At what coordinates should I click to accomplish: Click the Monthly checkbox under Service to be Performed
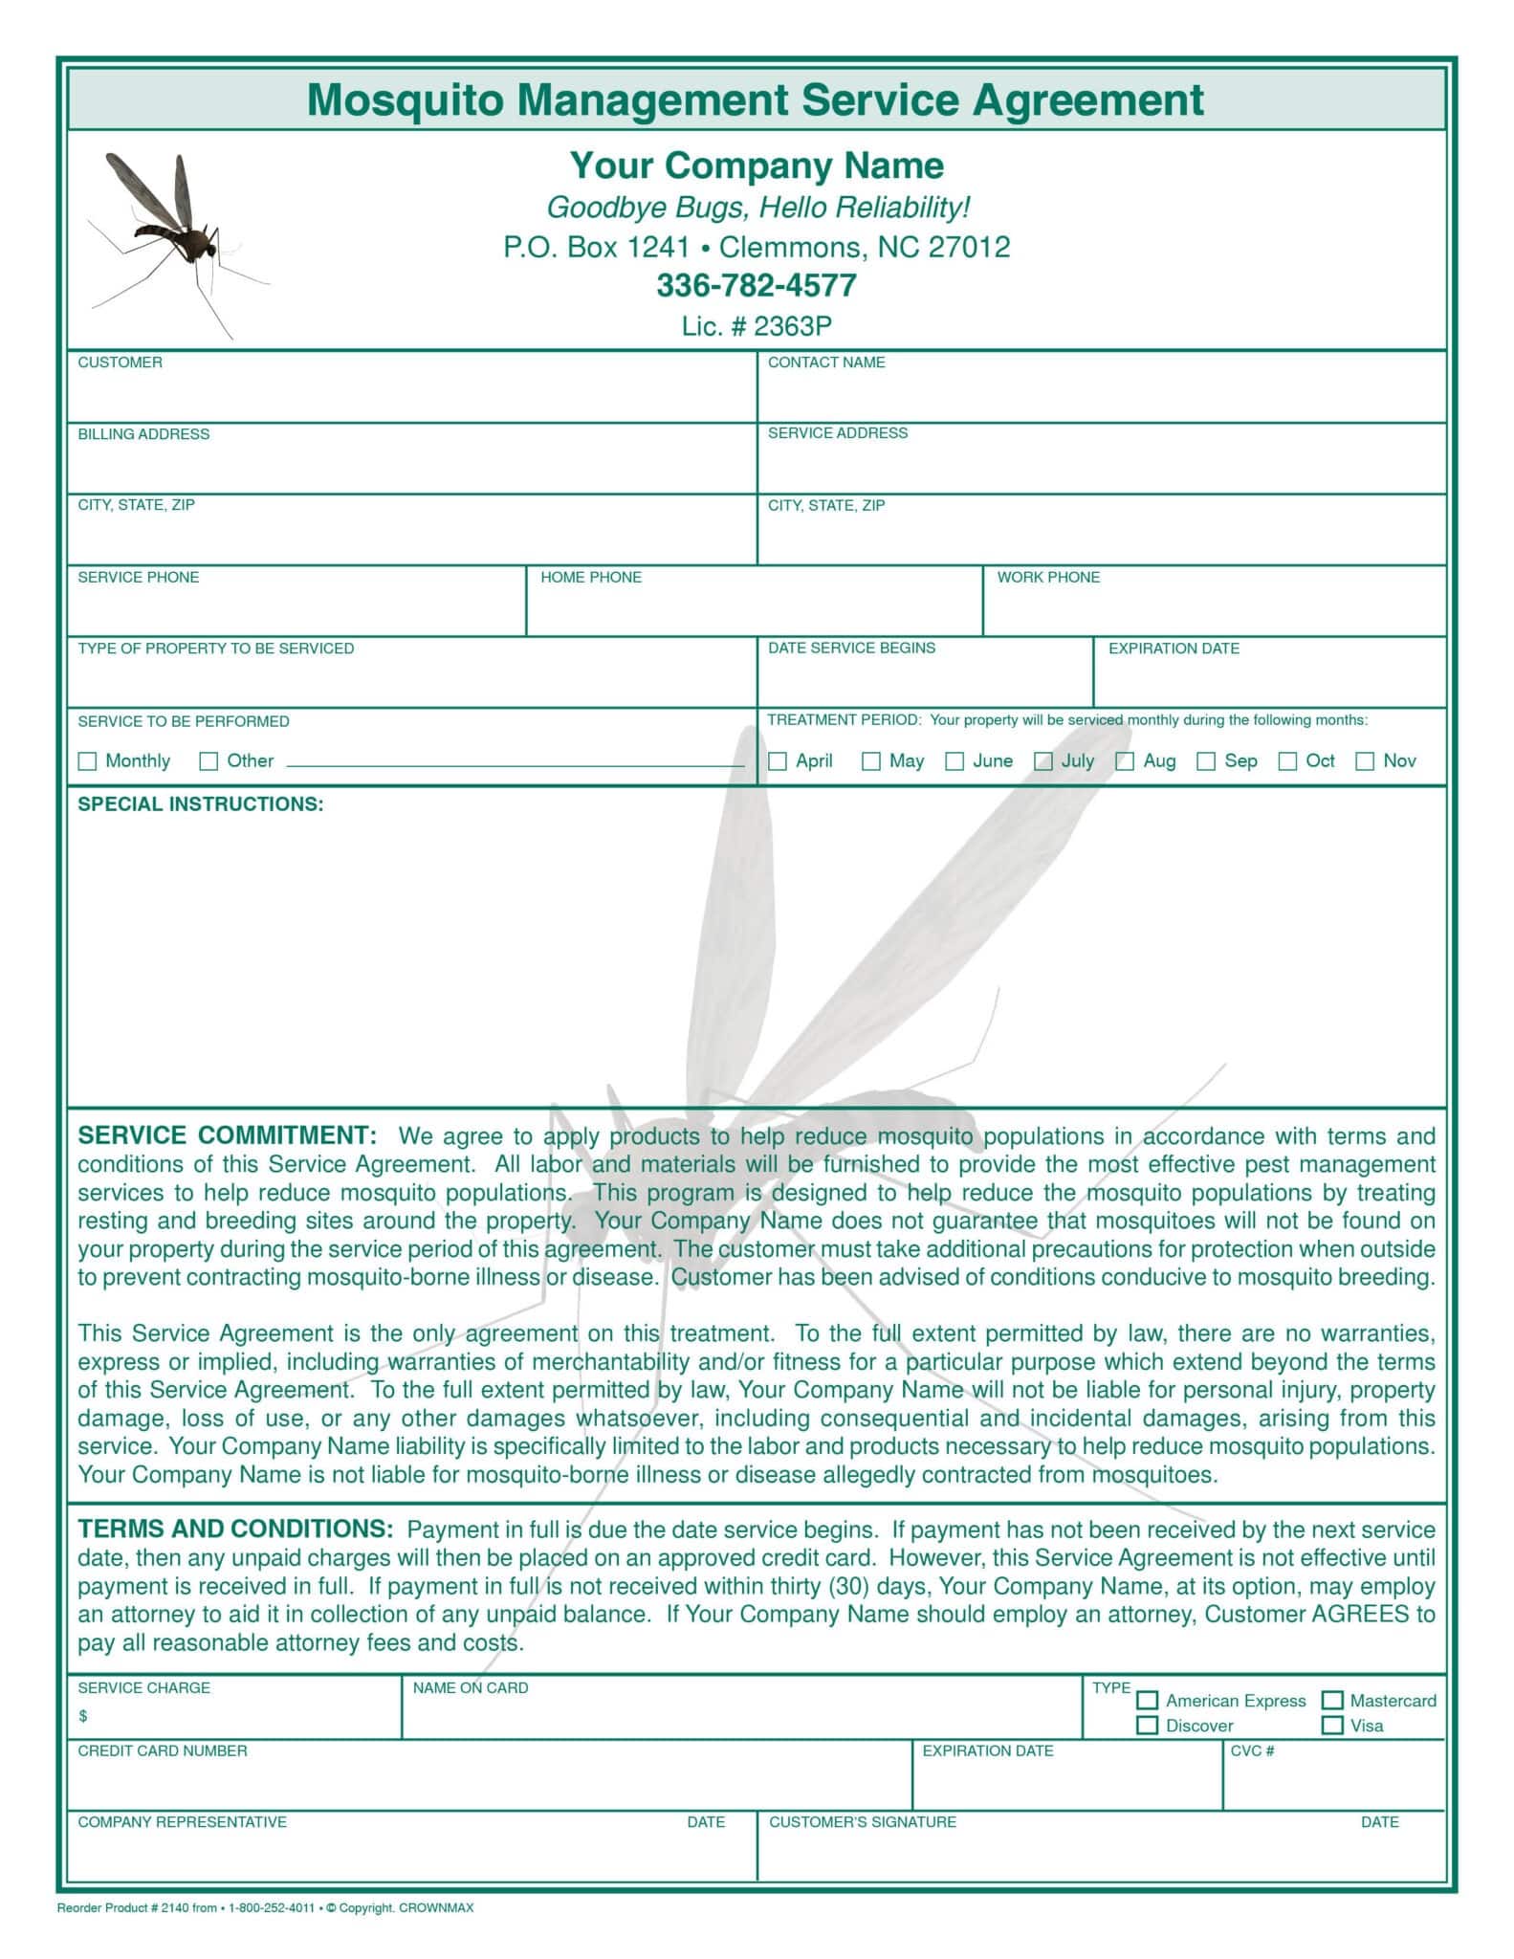(x=87, y=761)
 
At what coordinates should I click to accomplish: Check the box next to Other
(x=208, y=761)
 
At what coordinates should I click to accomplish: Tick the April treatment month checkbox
(x=778, y=761)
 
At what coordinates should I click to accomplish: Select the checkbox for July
(x=1043, y=761)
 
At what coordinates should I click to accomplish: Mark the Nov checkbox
(x=1365, y=761)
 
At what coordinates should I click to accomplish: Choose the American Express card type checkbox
(x=1147, y=1701)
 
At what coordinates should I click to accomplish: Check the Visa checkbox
(x=1331, y=1726)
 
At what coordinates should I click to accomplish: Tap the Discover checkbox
(x=1147, y=1726)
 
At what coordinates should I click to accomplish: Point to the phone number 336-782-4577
(x=756, y=285)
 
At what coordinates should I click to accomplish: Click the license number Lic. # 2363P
(x=756, y=326)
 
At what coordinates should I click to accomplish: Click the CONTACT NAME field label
(x=826, y=363)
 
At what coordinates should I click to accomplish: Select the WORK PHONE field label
(x=1048, y=578)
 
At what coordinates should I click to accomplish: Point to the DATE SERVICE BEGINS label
(x=851, y=649)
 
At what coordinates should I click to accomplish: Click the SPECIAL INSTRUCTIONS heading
(x=201, y=804)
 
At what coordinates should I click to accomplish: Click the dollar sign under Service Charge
(x=83, y=1716)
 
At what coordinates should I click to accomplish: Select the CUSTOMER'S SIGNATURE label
(x=863, y=1822)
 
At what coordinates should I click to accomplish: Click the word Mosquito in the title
(x=405, y=99)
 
